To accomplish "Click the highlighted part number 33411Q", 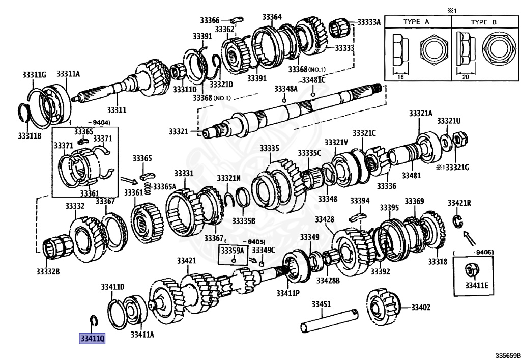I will click(92, 338).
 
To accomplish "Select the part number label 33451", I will click(321, 304).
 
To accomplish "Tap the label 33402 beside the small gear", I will click(421, 307).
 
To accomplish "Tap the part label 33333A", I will click(369, 22).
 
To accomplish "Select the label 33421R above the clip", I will click(459, 203).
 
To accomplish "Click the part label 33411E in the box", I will click(476, 284).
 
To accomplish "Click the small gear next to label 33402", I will click(384, 307).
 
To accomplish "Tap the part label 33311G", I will click(34, 75).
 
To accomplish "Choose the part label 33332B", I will click(48, 271).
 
